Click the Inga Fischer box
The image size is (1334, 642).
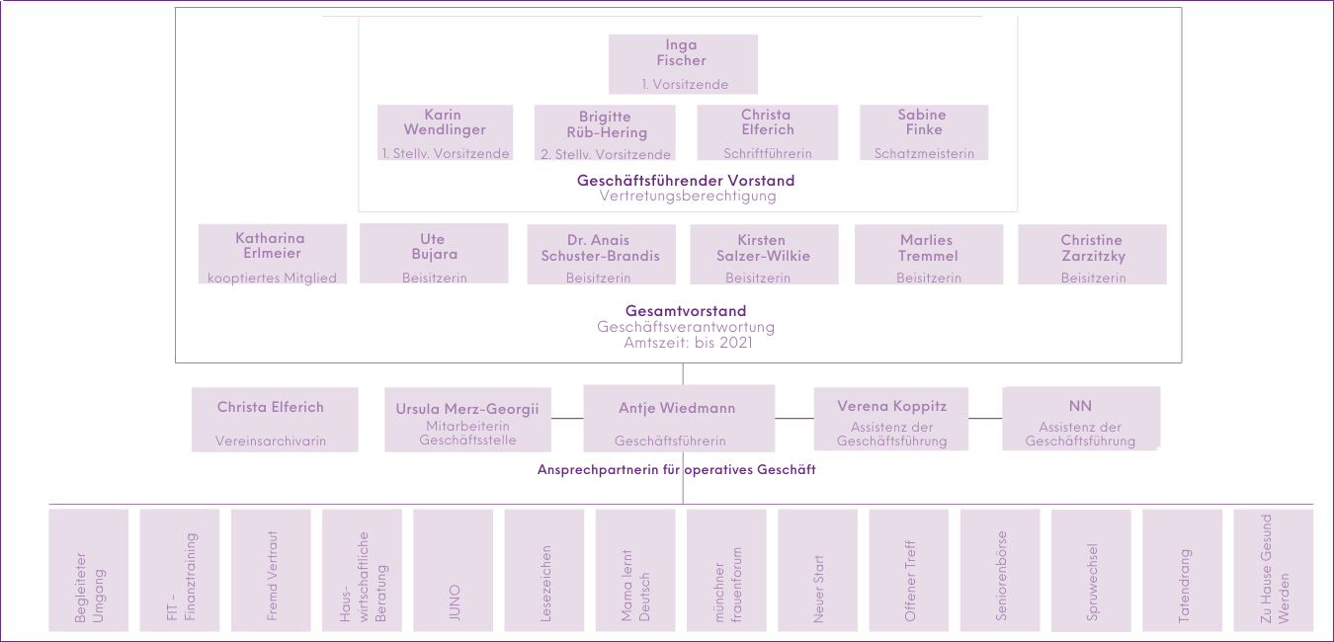pyautogui.click(x=683, y=64)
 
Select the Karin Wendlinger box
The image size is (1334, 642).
pyautogui.click(x=445, y=132)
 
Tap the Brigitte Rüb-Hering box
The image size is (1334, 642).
pyautogui.click(x=605, y=132)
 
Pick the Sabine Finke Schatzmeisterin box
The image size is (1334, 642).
pyautogui.click(x=924, y=132)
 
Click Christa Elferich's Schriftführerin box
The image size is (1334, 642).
pyautogui.click(x=768, y=132)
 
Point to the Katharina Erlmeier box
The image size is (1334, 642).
pyautogui.click(x=273, y=254)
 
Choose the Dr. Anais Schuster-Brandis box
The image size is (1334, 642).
pyautogui.click(x=602, y=254)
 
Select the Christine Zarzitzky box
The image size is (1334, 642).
pyautogui.click(x=1092, y=254)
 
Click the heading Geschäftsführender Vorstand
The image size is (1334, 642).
pyautogui.click(x=686, y=181)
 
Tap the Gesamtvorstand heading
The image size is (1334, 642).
pyautogui.click(x=686, y=310)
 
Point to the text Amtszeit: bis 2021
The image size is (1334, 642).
pyautogui.click(x=688, y=343)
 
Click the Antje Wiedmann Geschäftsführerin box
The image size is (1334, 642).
pyautogui.click(x=679, y=418)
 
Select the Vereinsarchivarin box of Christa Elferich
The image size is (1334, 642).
pyautogui.click(x=275, y=420)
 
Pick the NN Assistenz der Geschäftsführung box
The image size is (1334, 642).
pyautogui.click(x=1081, y=418)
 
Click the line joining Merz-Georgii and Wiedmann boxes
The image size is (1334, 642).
pyautogui.click(x=567, y=418)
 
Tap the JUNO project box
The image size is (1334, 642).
pyautogui.click(x=454, y=570)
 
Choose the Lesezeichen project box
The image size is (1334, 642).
pyautogui.click(x=544, y=570)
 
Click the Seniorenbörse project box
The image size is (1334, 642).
pyautogui.click(x=1000, y=570)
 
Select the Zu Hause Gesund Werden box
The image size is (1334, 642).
pyautogui.click(x=1274, y=570)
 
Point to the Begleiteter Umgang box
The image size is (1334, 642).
pyautogui.click(x=89, y=570)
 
